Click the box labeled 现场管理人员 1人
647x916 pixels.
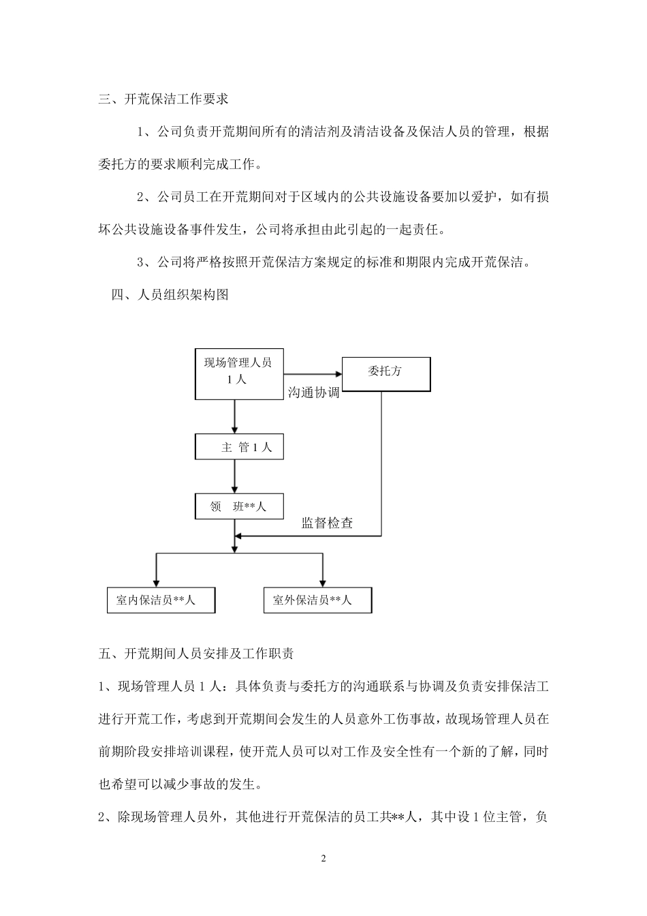(238, 374)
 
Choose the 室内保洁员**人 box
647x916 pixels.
(161, 600)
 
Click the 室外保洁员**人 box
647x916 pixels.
(317, 600)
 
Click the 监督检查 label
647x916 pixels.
(327, 523)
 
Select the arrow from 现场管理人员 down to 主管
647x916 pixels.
(235, 416)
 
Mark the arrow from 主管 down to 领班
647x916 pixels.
(235, 476)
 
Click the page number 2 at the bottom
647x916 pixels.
(323, 858)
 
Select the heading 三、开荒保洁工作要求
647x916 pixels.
(163, 99)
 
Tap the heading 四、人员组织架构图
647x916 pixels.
(170, 295)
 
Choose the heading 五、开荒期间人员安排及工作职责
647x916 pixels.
(196, 654)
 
